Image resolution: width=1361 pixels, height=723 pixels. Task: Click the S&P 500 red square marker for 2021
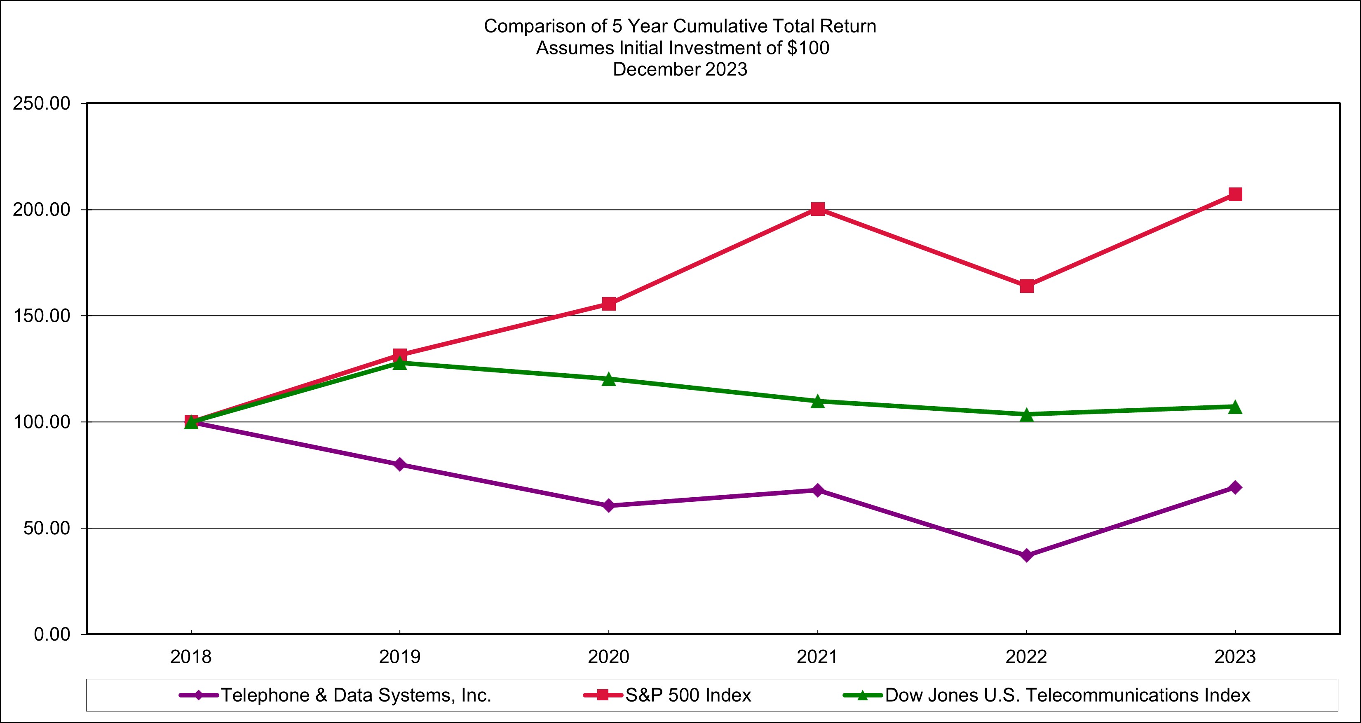pyautogui.click(x=817, y=209)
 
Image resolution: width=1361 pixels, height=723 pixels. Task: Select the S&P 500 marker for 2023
pyautogui.click(x=1235, y=194)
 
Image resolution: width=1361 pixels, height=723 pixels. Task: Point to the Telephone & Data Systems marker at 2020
pyautogui.click(x=609, y=505)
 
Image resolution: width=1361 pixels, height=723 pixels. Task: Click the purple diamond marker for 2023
pyautogui.click(x=1235, y=487)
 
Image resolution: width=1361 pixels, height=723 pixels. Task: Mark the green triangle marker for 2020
pyautogui.click(x=609, y=379)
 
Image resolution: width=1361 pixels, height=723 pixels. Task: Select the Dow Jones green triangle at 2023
pyautogui.click(x=1235, y=407)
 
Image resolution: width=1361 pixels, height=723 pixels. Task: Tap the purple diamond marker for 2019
pyautogui.click(x=400, y=464)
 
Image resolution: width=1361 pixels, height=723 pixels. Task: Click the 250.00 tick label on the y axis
pyautogui.click(x=42, y=103)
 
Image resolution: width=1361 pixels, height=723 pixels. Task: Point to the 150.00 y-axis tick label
pyautogui.click(x=42, y=316)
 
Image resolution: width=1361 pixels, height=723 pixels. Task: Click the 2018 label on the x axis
pyautogui.click(x=191, y=657)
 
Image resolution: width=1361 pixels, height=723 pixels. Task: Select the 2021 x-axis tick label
pyautogui.click(x=817, y=657)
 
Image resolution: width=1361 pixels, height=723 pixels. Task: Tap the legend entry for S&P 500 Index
pyautogui.click(x=688, y=695)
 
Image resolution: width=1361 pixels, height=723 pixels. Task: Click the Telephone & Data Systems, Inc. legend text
pyautogui.click(x=356, y=695)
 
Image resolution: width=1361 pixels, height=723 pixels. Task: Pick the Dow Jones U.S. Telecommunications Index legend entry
pyautogui.click(x=1067, y=695)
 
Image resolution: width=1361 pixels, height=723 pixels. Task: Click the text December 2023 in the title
pyautogui.click(x=680, y=69)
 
